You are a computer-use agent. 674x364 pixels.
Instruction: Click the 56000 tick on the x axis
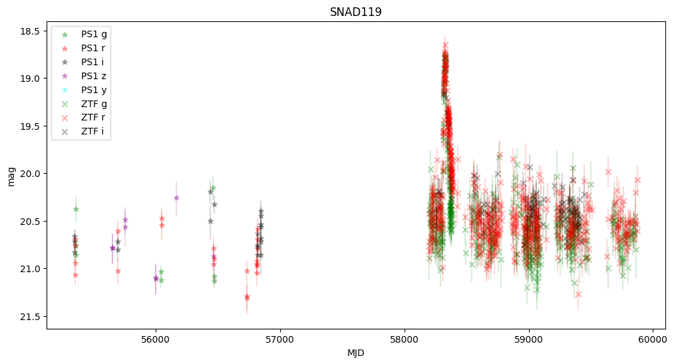coord(156,339)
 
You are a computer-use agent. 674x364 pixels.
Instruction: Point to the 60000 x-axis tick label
coord(653,339)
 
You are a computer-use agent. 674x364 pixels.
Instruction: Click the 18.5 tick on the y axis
coord(31,31)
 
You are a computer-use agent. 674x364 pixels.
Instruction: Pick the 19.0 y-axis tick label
coord(31,79)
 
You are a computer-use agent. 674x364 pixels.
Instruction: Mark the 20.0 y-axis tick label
coord(31,174)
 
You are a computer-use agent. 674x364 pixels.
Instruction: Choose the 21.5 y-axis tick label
coord(31,316)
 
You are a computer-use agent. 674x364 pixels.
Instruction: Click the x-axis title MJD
coord(355,353)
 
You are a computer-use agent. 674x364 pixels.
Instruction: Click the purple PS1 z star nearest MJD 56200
coord(176,198)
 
